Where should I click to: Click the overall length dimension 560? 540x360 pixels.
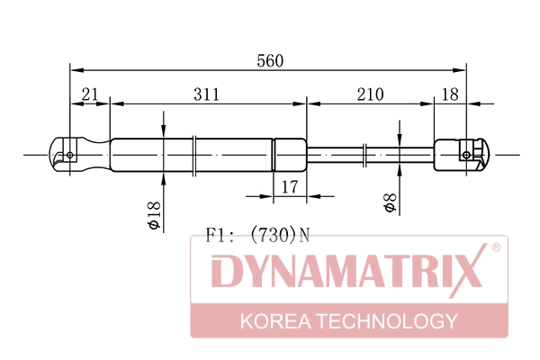(270, 60)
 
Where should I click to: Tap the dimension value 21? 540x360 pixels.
(89, 94)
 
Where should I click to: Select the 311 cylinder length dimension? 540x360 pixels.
(206, 94)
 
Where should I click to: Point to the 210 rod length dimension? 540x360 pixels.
(370, 94)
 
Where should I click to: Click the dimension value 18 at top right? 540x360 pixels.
(450, 94)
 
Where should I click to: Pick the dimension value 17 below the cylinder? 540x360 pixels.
(289, 187)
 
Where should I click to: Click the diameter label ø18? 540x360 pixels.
(154, 215)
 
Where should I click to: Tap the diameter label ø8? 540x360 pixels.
(390, 202)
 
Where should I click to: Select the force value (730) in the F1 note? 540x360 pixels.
(273, 235)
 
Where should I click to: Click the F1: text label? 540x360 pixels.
(220, 235)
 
